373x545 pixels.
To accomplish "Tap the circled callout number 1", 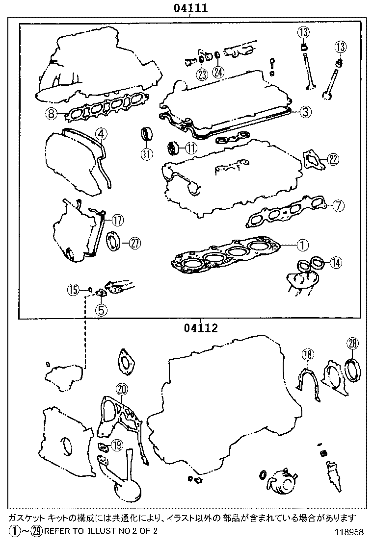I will click(x=302, y=243).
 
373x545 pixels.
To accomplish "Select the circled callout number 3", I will click(x=305, y=112).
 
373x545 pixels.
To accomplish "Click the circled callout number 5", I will click(x=101, y=309).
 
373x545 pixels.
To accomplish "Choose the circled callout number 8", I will click(x=51, y=114).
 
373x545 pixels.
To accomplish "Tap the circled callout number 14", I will click(x=335, y=263).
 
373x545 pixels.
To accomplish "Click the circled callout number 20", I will click(x=122, y=390).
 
